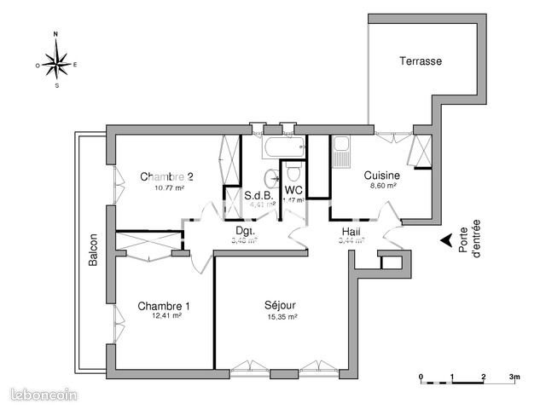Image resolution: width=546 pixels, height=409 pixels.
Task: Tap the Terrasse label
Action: (x=421, y=62)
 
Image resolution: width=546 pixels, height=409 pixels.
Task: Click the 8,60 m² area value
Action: (x=380, y=186)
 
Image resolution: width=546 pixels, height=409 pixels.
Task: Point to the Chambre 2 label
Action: (x=167, y=177)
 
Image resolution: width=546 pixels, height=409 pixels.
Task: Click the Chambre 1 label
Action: (x=164, y=306)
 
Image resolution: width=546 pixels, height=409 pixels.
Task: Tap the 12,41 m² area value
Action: (x=166, y=316)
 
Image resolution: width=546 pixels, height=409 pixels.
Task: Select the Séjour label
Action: (x=280, y=306)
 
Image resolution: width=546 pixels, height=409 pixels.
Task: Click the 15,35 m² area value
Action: (x=281, y=317)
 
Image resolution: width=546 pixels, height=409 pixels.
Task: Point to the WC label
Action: (x=293, y=190)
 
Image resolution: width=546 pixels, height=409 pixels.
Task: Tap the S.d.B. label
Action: (x=258, y=195)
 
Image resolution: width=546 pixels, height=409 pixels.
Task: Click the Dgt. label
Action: (x=245, y=231)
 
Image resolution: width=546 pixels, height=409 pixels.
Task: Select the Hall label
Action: (x=351, y=231)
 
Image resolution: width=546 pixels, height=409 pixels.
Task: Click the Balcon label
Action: (x=92, y=251)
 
